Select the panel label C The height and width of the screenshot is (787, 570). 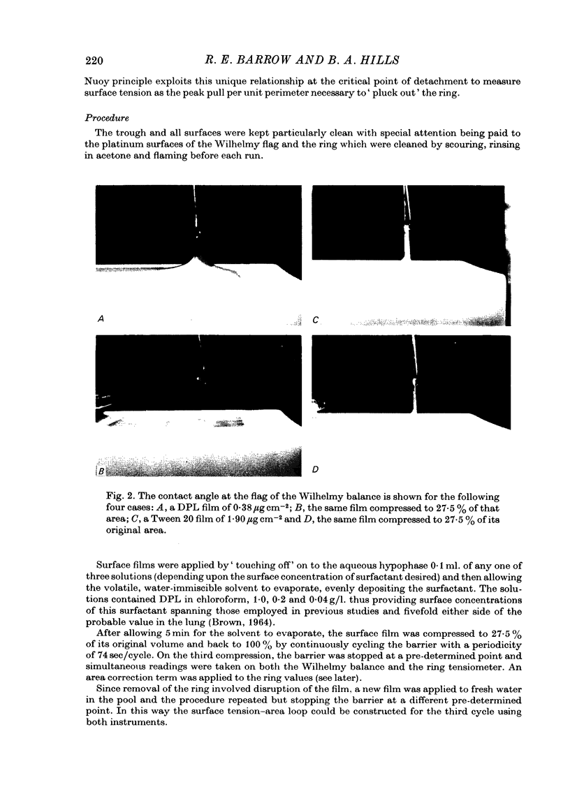tap(316, 320)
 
